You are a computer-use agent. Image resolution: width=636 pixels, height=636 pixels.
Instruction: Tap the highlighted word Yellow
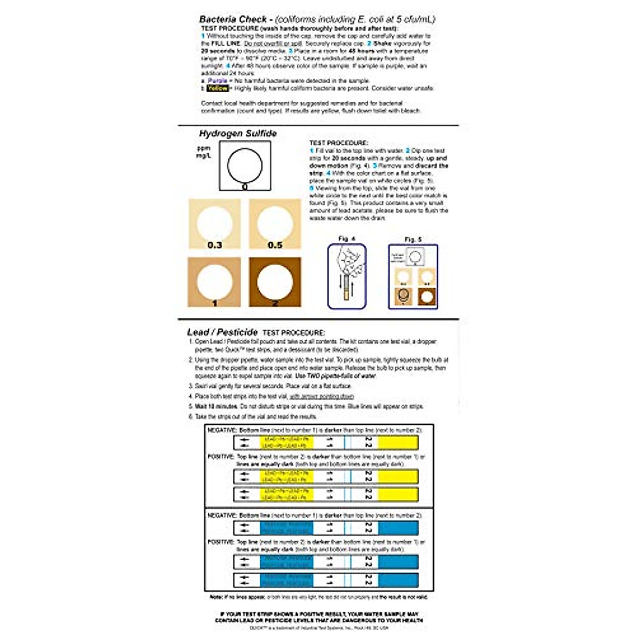[x=217, y=89]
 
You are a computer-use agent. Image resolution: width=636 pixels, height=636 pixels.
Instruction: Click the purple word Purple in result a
[x=217, y=81]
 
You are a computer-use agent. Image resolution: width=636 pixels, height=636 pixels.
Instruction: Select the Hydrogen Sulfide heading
[x=237, y=134]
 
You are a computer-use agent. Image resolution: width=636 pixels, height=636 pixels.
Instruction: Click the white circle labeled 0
[x=245, y=165]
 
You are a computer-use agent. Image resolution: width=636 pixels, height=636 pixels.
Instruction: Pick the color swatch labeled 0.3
[x=215, y=224]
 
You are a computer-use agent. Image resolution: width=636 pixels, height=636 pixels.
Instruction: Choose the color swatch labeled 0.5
[x=275, y=224]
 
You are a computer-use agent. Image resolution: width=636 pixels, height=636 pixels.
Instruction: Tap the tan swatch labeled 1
[x=215, y=282]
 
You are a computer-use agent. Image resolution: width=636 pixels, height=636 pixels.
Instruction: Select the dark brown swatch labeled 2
[x=275, y=282]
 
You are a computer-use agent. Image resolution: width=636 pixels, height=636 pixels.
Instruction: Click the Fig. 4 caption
[x=347, y=239]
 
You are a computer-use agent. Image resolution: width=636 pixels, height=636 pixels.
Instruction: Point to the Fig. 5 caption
[x=413, y=240]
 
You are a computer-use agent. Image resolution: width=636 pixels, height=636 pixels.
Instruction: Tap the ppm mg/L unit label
[x=204, y=152]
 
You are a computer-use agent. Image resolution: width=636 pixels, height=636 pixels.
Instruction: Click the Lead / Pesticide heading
[x=222, y=332]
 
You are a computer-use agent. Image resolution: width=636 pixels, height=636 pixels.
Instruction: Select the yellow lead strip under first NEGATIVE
[x=326, y=443]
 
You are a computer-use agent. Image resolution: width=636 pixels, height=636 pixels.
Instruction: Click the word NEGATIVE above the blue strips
[x=221, y=515]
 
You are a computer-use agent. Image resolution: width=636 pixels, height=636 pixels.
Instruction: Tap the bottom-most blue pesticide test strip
[x=326, y=579]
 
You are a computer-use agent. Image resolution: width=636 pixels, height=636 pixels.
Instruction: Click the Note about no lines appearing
[x=319, y=597]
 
